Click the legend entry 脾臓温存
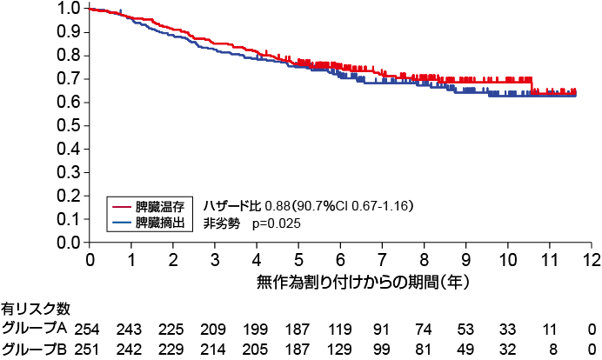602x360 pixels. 158,206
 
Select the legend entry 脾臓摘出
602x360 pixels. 158,223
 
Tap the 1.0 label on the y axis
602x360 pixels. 71,9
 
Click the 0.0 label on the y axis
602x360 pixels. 71,243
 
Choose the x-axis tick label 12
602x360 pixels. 592,260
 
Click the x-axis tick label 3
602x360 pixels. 215,260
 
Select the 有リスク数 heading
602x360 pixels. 37,309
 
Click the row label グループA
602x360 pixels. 35,329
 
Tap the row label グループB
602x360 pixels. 35,349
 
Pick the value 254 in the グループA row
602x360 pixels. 89,330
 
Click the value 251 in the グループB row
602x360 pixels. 89,350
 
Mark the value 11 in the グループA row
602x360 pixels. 550,330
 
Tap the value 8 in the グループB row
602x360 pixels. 550,350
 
